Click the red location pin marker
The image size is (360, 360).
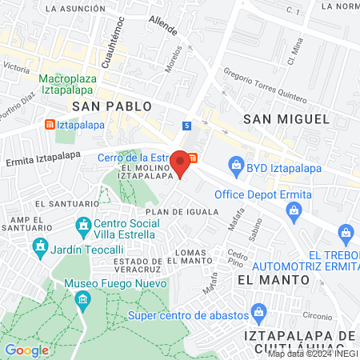(181, 162)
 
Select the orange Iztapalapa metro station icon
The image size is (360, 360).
(50, 125)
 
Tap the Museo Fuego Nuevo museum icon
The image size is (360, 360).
(83, 300)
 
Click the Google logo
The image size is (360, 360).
(26, 350)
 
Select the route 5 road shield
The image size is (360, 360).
(186, 126)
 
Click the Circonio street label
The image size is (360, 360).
(318, 316)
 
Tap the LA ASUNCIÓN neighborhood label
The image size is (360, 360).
(75, 8)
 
